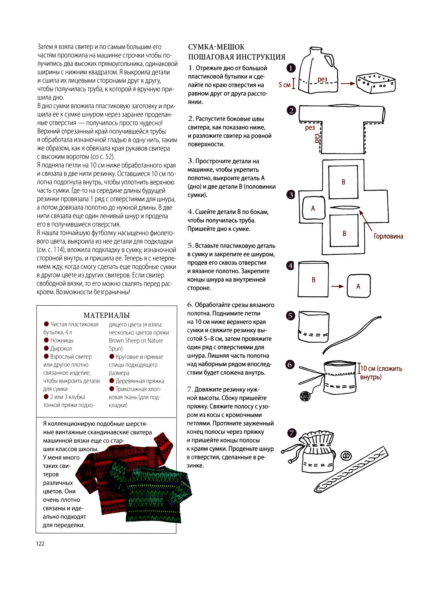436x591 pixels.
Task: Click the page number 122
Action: [40, 543]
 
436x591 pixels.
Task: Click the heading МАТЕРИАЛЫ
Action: [106, 315]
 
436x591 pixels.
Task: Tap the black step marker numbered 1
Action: [291, 68]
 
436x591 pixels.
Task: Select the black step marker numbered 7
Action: [291, 433]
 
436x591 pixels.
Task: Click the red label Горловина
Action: [388, 236]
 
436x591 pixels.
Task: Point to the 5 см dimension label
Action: [285, 84]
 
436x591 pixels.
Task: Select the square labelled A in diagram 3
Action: [313, 208]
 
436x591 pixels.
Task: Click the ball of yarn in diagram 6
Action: [305, 396]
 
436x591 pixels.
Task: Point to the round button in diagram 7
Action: [346, 456]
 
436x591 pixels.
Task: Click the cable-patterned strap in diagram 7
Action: [353, 469]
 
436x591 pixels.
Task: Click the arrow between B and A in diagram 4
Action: [337, 286]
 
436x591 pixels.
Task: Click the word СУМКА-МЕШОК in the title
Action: [216, 47]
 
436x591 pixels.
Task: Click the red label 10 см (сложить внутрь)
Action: [381, 372]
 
